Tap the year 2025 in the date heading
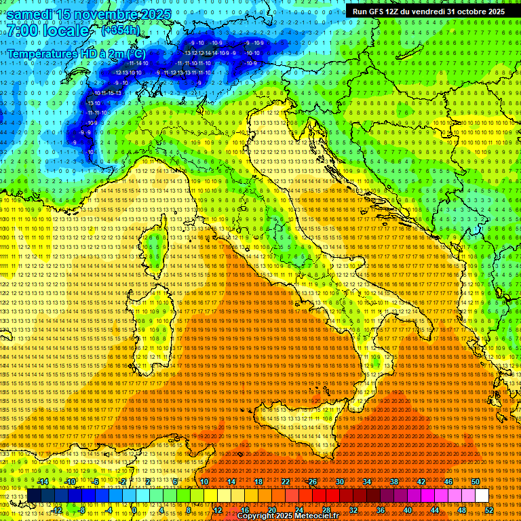click(x=153, y=14)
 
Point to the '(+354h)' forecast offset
click(x=119, y=31)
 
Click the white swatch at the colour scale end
click(x=482, y=496)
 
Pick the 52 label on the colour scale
click(x=489, y=509)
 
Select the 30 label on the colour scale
click(x=340, y=482)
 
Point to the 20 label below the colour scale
click(x=271, y=509)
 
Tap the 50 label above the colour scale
click(x=476, y=482)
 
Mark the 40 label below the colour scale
click(x=408, y=509)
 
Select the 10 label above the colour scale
click(x=204, y=482)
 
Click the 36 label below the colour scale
click(x=381, y=509)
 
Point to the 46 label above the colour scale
click(x=448, y=482)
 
